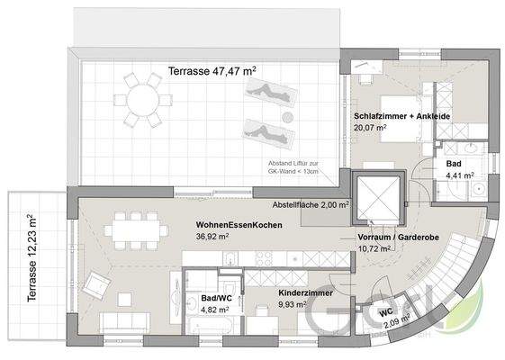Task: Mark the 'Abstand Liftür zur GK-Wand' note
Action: click(295, 168)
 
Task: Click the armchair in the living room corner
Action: click(95, 286)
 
